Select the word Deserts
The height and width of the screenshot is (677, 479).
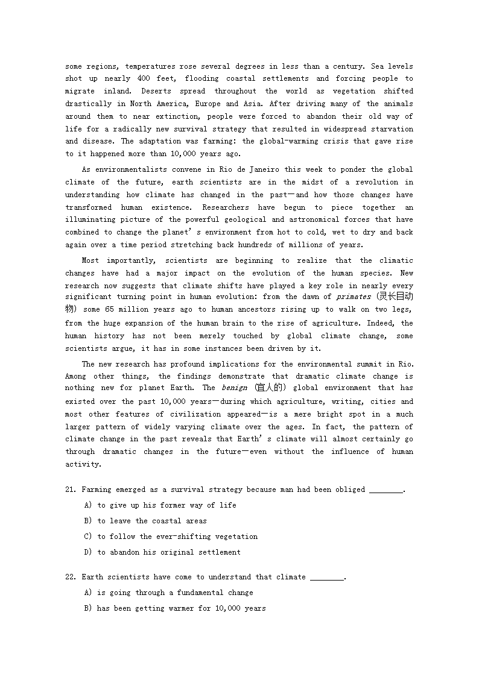157,92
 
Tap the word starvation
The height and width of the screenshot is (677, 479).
391,129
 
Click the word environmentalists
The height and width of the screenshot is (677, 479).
130,170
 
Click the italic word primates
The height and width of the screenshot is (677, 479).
354,297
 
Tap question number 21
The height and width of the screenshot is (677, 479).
71,490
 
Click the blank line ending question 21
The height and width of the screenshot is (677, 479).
386,490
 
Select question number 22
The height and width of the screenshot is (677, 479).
71,577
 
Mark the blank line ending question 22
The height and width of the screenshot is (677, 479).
328,578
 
